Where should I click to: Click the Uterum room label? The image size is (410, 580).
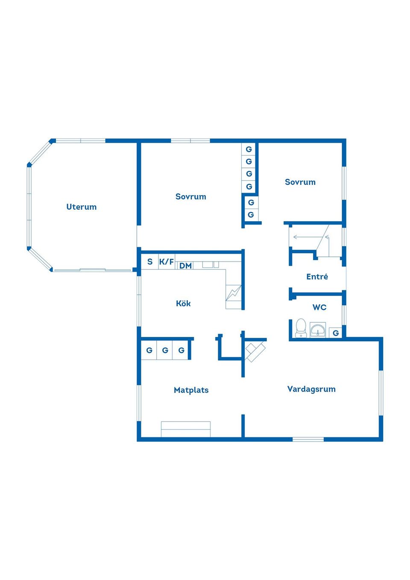(x=82, y=207)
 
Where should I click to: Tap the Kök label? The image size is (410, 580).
(x=183, y=303)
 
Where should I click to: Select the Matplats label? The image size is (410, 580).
(x=191, y=390)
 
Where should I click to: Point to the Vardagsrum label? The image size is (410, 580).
(x=311, y=389)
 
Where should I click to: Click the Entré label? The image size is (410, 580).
(x=317, y=276)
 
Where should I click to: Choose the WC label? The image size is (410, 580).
(x=319, y=308)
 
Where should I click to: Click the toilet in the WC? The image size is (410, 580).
(x=301, y=328)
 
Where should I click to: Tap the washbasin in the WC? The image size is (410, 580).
(x=318, y=330)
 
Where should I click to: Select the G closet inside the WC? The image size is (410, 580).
(x=336, y=333)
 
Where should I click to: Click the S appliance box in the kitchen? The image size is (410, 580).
(x=150, y=261)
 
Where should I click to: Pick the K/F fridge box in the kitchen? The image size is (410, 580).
(x=167, y=261)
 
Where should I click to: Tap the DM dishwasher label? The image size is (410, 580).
(x=186, y=265)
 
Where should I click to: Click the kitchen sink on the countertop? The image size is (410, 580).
(x=211, y=264)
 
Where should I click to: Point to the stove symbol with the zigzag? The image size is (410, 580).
(x=234, y=293)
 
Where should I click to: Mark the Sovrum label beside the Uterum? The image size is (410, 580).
(x=191, y=196)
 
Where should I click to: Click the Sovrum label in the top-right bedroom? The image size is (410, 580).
(x=300, y=182)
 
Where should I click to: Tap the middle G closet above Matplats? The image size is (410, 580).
(x=165, y=350)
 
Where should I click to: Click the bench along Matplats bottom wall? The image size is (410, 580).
(x=186, y=429)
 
